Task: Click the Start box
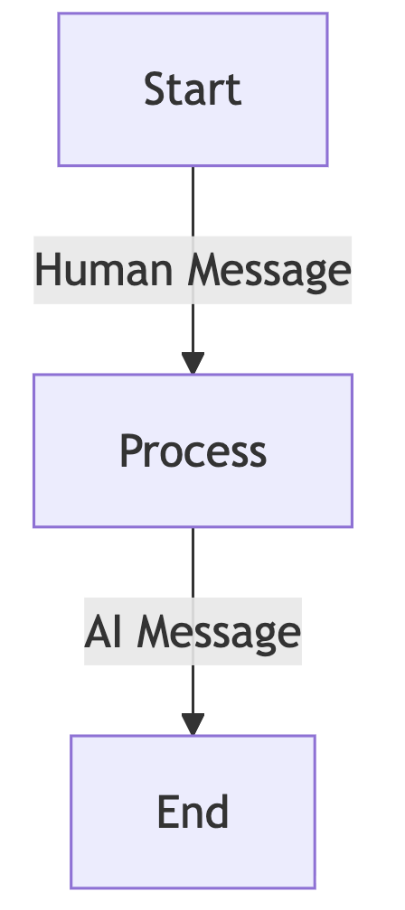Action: click(193, 89)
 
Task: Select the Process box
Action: click(193, 451)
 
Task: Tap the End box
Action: click(193, 812)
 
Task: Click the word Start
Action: click(193, 89)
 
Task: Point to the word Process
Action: click(193, 451)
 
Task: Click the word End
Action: click(193, 812)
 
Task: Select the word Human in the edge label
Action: click(104, 270)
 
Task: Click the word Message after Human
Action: click(269, 273)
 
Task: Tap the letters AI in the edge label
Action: click(103, 631)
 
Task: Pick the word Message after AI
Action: click(219, 634)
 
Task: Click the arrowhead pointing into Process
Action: click(193, 363)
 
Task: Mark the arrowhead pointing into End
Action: click(193, 724)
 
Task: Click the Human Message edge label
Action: click(193, 270)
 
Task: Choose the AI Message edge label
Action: click(193, 631)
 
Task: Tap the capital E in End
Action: click(167, 812)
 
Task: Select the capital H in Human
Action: click(48, 270)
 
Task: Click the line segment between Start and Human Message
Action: click(193, 201)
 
